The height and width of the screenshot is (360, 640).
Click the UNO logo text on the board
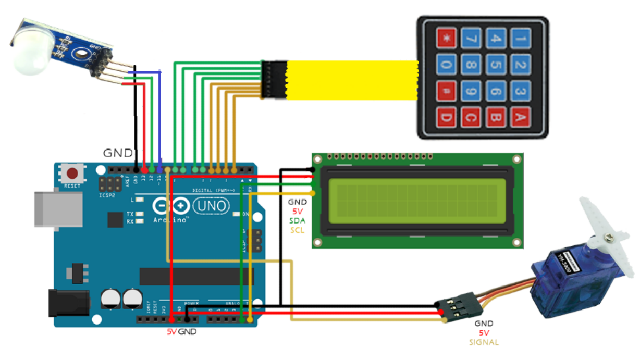tap(211, 206)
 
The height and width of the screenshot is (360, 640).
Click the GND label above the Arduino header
tap(118, 154)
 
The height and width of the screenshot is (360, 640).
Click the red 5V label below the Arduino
tap(171, 332)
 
